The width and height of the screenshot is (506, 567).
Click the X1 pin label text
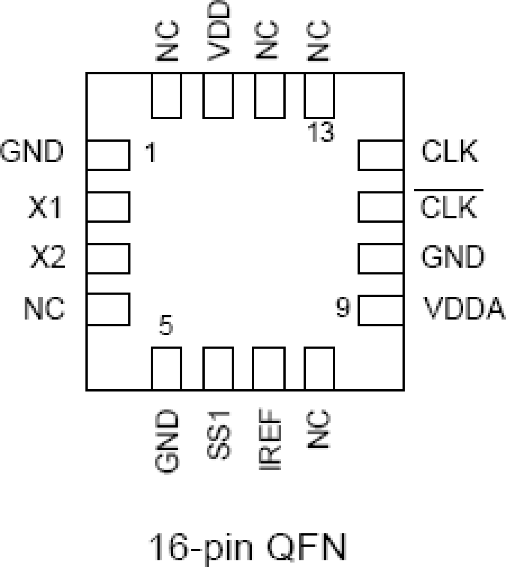point(45,207)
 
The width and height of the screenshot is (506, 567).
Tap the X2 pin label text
point(48,258)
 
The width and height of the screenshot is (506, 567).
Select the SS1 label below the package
point(219,435)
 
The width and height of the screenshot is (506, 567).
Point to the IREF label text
point(269,440)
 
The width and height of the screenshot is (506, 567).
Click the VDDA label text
point(464,309)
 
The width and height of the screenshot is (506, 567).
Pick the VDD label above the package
point(219,30)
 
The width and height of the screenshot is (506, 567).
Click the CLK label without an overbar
point(450,152)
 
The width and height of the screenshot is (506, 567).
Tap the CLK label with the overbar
point(448,207)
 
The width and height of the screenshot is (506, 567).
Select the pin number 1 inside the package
point(151,153)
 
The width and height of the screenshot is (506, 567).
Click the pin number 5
point(166,325)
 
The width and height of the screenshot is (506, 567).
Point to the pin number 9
point(343,307)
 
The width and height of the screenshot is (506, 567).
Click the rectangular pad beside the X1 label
point(108,207)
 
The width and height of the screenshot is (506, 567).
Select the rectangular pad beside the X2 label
point(108,258)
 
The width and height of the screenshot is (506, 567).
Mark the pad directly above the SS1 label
point(218,368)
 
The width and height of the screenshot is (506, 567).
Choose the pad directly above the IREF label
point(269,368)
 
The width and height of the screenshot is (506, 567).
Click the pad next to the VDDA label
point(380,310)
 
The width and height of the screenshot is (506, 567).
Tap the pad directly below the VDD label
point(218,96)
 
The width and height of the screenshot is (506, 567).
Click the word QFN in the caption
point(306,548)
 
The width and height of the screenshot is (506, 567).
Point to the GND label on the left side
point(32,152)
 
